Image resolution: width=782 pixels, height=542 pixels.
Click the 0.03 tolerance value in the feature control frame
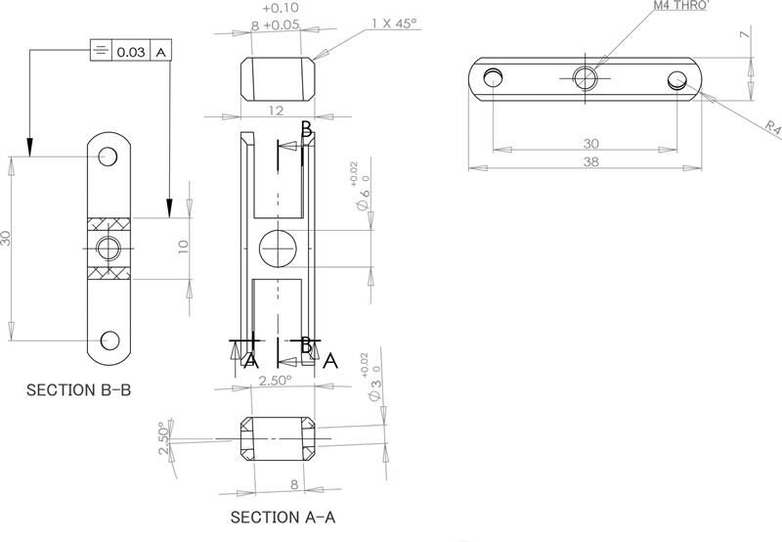tap(131, 52)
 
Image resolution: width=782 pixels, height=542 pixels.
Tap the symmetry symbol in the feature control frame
tap(101, 52)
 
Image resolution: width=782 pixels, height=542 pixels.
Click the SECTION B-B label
tap(78, 389)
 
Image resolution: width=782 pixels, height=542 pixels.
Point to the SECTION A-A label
tap(282, 516)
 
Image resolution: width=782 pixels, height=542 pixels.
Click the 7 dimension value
tap(744, 35)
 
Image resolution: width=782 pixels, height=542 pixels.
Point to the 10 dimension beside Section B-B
tap(183, 247)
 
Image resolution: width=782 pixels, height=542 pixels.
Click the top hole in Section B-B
tap(109, 157)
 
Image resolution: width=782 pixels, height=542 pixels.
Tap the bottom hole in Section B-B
tap(109, 339)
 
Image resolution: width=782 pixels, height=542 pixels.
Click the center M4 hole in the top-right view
tap(585, 76)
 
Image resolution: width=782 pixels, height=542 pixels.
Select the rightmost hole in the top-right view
tap(675, 80)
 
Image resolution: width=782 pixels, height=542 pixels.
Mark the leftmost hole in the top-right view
tap(496, 77)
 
